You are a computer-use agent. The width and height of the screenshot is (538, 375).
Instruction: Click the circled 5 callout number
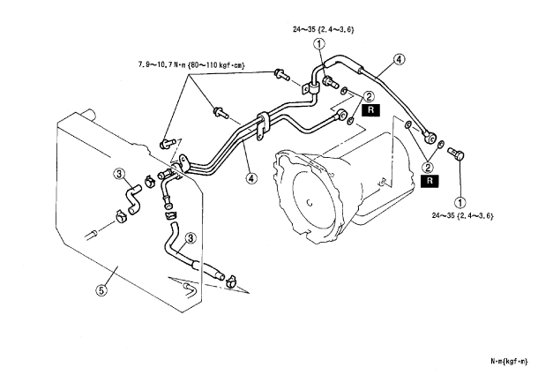click(101, 290)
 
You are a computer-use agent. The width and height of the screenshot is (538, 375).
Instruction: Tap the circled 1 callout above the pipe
click(319, 44)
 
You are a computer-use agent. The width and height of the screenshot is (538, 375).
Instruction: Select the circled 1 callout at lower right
click(460, 202)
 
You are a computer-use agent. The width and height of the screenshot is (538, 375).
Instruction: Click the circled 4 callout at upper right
click(399, 59)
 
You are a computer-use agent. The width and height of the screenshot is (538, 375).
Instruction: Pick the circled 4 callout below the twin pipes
click(251, 178)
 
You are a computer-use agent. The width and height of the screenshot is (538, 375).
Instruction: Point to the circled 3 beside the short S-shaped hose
click(119, 174)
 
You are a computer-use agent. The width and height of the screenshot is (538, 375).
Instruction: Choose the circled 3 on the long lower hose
click(191, 238)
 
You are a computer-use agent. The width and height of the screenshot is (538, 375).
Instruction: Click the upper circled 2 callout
click(369, 96)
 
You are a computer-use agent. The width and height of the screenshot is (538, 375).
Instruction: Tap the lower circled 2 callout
click(428, 168)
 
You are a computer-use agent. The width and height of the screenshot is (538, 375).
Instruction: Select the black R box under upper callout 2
click(371, 110)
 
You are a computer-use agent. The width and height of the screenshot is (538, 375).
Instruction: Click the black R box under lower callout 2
click(430, 180)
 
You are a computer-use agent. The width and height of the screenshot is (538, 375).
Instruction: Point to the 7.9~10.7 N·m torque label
click(191, 64)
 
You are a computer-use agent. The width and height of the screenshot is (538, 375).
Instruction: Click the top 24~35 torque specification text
click(323, 29)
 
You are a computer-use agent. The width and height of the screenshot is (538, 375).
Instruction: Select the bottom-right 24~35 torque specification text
click(462, 215)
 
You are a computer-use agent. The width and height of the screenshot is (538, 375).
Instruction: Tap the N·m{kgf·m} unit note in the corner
click(509, 361)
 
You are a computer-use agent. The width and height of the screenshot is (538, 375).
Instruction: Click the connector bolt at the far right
click(456, 154)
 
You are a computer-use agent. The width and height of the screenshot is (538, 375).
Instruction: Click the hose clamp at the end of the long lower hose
click(232, 281)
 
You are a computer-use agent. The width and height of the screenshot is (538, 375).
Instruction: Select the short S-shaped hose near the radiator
click(133, 199)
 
